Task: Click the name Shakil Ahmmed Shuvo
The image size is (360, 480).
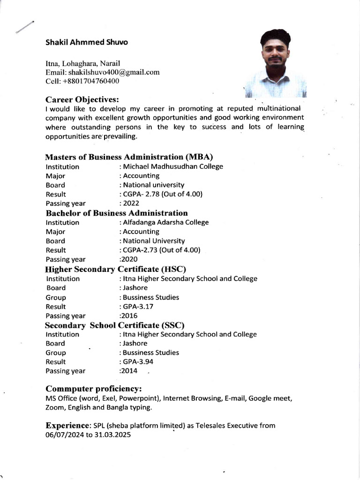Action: tap(86, 42)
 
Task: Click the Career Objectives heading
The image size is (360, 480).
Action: tap(82, 99)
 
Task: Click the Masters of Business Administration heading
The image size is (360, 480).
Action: tap(129, 157)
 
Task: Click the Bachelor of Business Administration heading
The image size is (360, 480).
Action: tap(117, 213)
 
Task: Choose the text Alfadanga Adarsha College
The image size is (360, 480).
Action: tap(165, 222)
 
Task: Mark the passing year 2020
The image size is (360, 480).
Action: tap(129, 259)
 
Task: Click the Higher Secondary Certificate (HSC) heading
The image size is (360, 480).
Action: tap(115, 269)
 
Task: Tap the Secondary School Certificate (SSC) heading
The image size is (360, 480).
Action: tap(114, 325)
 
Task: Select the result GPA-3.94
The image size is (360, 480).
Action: tap(138, 362)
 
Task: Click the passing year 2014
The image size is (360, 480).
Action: tap(129, 371)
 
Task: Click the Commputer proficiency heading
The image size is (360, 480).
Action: tap(93, 389)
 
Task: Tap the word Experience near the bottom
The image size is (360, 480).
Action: tap(67, 426)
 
